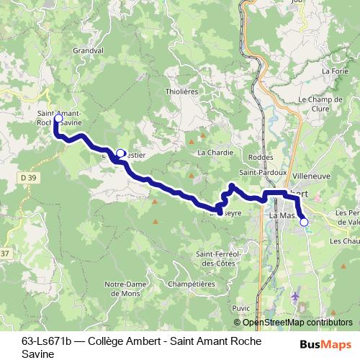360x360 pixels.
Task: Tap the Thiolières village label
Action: click(x=181, y=91)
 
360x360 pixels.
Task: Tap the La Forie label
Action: click(x=336, y=71)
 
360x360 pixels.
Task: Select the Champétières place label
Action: click(x=191, y=284)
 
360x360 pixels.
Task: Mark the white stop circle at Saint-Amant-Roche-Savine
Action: click(x=58, y=119)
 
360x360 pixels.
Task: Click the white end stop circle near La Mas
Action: click(x=304, y=222)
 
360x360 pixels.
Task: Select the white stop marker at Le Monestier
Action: click(x=120, y=153)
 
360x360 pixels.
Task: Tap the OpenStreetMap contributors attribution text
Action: click(x=297, y=323)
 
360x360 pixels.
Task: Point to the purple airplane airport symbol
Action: click(x=294, y=296)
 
